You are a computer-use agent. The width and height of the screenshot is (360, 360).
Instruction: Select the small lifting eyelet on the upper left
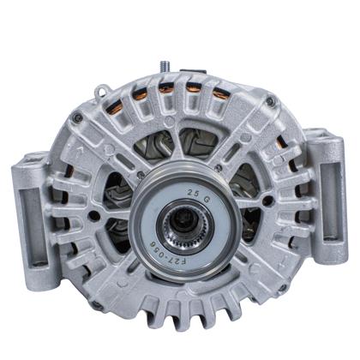[101, 87]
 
